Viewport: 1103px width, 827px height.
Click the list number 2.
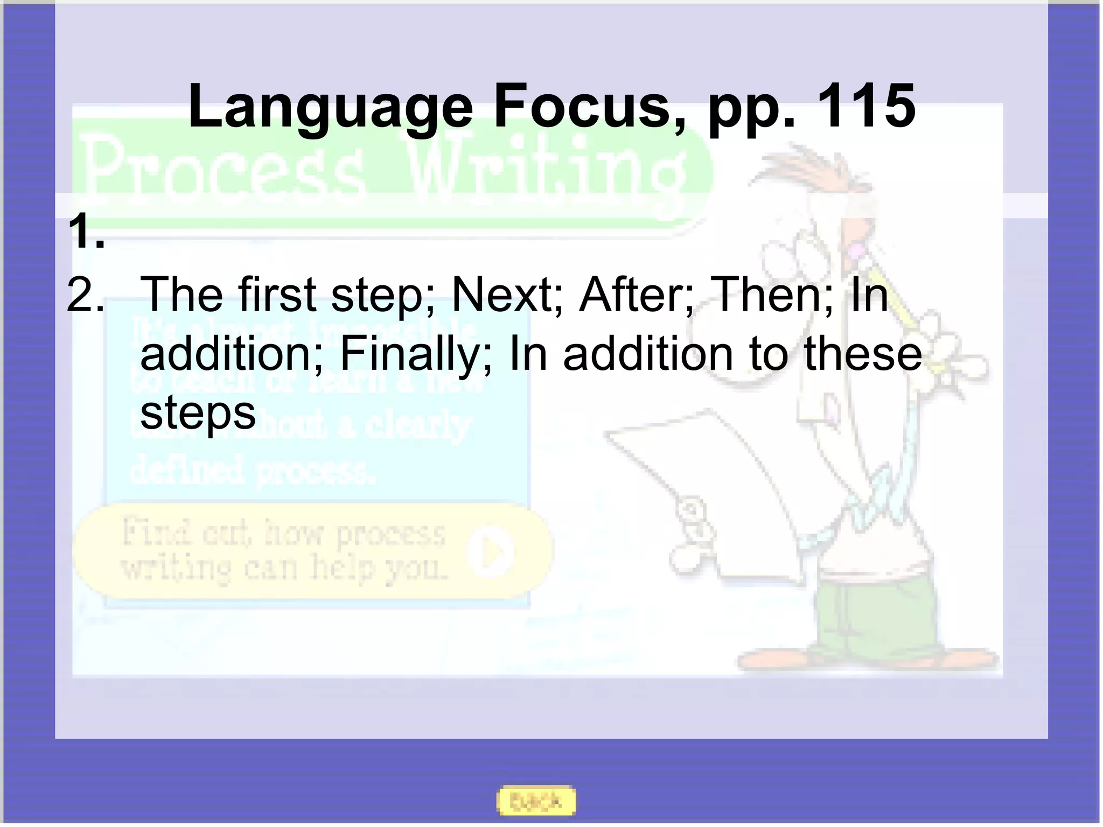85,295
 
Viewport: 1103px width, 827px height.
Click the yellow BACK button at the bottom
536,801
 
